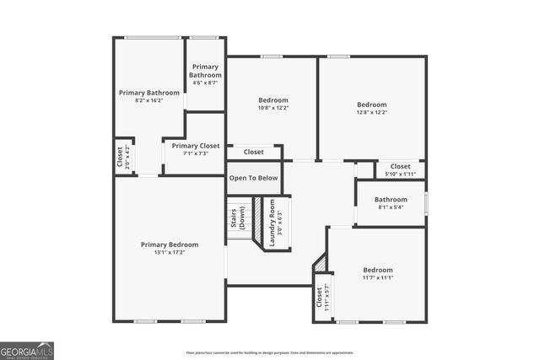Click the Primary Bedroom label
click(x=170, y=244)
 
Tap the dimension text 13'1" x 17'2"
click(x=170, y=253)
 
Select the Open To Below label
click(x=254, y=178)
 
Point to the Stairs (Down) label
click(x=238, y=218)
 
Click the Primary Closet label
click(x=196, y=146)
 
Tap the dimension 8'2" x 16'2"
click(x=148, y=100)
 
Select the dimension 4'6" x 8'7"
click(x=205, y=83)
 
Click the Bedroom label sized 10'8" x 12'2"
click(x=273, y=100)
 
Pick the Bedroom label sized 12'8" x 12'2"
click(x=372, y=105)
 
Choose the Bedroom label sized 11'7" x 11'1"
click(x=377, y=270)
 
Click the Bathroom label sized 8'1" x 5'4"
click(x=391, y=200)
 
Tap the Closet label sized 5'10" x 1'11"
click(x=401, y=167)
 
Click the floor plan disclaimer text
click(x=270, y=352)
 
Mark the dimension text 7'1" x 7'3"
click(x=196, y=153)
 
